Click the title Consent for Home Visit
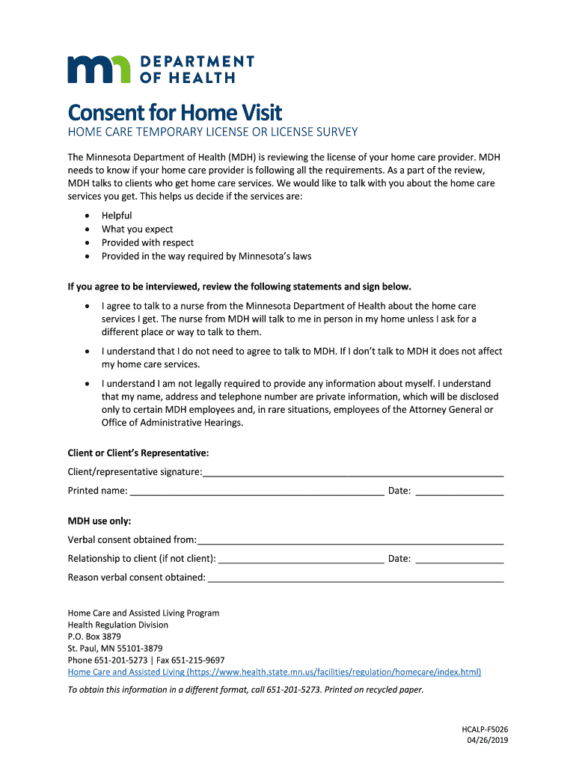click(175, 113)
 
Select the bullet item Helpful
click(117, 215)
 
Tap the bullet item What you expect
click(137, 229)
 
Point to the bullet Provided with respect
click(147, 242)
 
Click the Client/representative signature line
click(353, 473)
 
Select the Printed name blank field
click(257, 491)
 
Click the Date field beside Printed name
click(459, 491)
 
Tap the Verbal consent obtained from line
click(350, 540)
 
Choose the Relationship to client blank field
click(301, 559)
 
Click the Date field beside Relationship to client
click(459, 559)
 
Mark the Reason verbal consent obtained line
click(355, 577)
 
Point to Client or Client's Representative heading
click(138, 453)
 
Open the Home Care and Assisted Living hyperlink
click(275, 672)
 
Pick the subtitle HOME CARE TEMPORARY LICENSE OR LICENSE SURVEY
click(212, 132)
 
